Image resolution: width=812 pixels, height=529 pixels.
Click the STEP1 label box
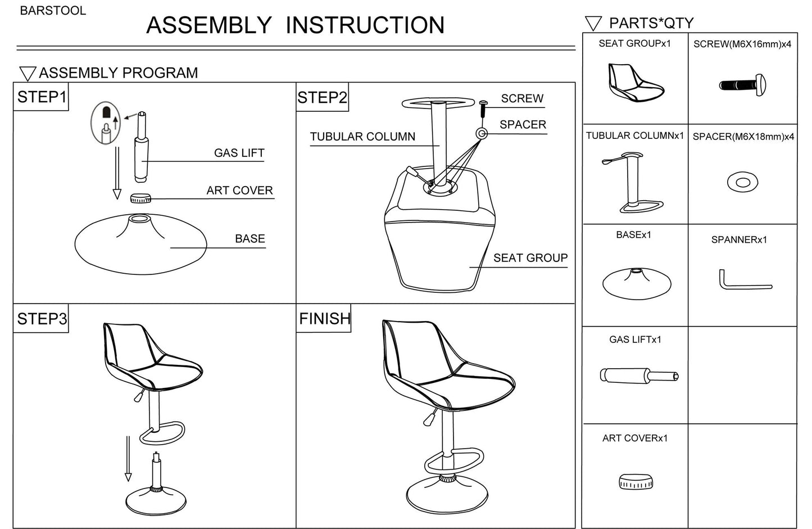coord(41,97)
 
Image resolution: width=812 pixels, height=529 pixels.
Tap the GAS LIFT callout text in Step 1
coord(239,153)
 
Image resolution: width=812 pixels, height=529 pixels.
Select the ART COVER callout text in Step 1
coord(239,191)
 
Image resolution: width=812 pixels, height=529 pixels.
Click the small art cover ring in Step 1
coord(140,198)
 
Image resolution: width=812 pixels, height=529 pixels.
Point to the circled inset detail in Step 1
coord(106,123)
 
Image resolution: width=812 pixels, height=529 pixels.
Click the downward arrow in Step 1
coord(117,173)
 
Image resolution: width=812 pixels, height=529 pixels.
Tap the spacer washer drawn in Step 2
coord(482,133)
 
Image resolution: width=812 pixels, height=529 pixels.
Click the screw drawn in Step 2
coord(483,108)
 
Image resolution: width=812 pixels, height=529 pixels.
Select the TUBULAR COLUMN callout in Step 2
coord(362,137)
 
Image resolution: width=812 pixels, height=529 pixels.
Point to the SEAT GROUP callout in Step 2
coord(530,258)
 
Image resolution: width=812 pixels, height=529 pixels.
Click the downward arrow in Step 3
coord(128,459)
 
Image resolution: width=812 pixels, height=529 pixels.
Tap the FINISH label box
coord(324,318)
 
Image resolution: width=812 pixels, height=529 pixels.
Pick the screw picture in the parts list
coord(742,85)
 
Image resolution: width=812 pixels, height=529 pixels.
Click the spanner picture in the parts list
coord(745,279)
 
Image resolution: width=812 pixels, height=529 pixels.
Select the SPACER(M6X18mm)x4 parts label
coord(743,137)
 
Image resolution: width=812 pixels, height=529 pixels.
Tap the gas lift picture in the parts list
coord(639,376)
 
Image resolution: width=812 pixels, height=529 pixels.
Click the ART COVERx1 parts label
coord(635,438)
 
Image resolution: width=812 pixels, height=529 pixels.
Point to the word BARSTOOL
coord(53,11)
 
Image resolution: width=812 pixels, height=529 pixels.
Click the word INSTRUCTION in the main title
coord(365,25)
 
